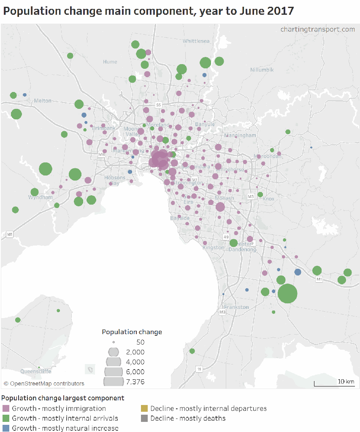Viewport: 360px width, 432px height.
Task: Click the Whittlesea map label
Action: click(196, 41)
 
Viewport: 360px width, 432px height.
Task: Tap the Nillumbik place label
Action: click(262, 70)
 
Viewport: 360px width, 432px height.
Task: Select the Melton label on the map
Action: click(43, 100)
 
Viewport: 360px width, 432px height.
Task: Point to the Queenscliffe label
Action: click(36, 371)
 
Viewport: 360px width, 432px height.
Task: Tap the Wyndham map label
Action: click(41, 197)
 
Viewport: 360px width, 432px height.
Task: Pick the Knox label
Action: click(268, 199)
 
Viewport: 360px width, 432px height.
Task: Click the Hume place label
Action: click(110, 62)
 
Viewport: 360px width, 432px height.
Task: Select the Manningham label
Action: click(240, 135)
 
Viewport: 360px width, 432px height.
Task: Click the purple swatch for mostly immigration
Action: click(6, 408)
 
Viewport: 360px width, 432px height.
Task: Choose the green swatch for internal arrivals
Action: click(6, 418)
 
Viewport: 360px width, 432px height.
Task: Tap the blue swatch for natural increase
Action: click(6, 428)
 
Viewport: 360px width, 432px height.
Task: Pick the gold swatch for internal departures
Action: click(144, 408)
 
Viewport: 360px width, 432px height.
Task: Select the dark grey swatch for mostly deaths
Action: click(144, 418)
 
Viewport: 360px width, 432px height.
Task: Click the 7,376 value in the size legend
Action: click(135, 382)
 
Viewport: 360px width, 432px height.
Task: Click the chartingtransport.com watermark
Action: click(317, 29)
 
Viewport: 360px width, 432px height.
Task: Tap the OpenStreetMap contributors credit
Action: click(44, 383)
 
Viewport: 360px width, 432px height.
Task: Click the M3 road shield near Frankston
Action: click(222, 312)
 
